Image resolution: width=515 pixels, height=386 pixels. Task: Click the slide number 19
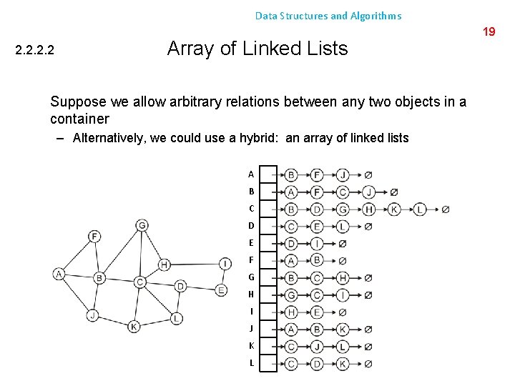click(x=489, y=31)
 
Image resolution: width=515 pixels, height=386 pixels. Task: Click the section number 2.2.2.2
click(x=35, y=51)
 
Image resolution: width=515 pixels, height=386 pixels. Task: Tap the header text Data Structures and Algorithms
click(x=328, y=15)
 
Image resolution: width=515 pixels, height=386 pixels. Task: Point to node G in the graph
click(x=142, y=226)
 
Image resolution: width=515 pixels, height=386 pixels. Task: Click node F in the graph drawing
click(x=95, y=236)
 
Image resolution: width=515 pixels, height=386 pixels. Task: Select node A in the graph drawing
click(x=59, y=274)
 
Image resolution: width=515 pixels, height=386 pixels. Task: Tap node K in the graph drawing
click(x=134, y=327)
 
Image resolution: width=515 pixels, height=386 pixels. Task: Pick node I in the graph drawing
click(x=225, y=264)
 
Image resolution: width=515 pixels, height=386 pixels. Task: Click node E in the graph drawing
click(x=221, y=289)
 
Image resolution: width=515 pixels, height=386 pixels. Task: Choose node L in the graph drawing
click(x=176, y=318)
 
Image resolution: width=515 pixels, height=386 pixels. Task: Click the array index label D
click(x=251, y=226)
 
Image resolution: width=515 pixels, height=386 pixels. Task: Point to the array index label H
click(x=251, y=295)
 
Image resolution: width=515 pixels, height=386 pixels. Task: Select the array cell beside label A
click(x=268, y=174)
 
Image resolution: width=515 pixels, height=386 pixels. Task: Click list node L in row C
click(x=420, y=209)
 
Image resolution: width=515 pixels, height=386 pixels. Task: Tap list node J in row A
click(x=343, y=174)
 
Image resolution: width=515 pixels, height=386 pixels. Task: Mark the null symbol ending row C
click(x=445, y=209)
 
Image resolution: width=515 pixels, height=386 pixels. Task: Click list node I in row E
click(x=317, y=244)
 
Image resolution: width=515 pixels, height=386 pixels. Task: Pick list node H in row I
click(x=291, y=312)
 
